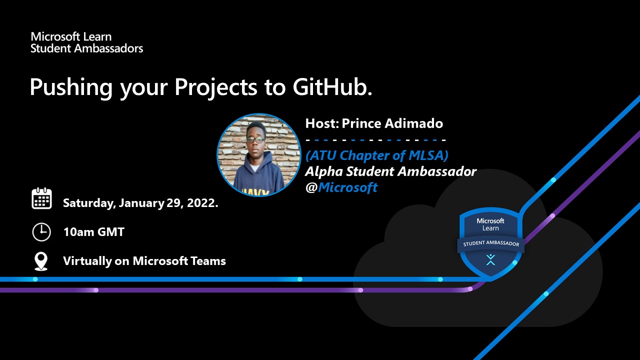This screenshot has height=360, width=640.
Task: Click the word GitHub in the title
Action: click(332, 87)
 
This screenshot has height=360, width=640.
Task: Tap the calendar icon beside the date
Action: click(41, 198)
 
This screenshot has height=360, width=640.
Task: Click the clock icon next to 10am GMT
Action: click(41, 232)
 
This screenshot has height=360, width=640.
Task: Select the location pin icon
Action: click(41, 261)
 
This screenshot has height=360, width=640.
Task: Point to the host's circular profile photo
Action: click(259, 155)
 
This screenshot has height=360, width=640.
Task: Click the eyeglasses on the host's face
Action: click(255, 139)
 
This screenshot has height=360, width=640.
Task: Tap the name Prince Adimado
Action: click(392, 123)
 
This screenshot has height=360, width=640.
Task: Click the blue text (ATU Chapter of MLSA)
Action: click(377, 155)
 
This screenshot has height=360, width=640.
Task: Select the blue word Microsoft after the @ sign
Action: click(347, 187)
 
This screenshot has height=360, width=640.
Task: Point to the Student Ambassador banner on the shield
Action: click(491, 243)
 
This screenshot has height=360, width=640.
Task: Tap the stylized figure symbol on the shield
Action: click(490, 259)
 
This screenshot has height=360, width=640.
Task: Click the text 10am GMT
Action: click(93, 232)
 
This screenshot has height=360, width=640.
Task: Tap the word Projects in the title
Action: click(215, 87)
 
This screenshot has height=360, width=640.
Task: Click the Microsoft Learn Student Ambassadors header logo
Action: click(87, 42)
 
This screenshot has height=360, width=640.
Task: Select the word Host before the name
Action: click(322, 123)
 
